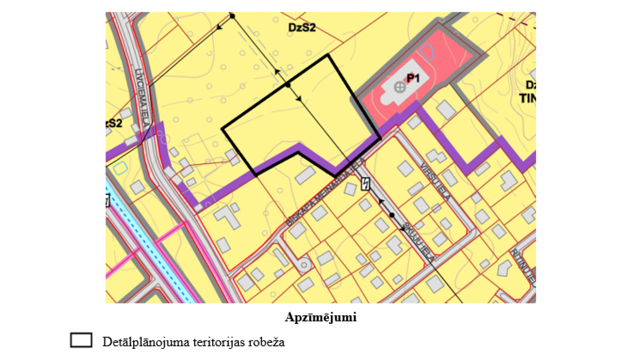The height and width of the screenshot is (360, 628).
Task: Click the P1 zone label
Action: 413,78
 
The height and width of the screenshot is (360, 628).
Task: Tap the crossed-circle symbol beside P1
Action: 400,87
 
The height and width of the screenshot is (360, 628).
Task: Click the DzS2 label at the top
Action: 301,28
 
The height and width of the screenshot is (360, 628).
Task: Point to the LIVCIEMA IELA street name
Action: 143,98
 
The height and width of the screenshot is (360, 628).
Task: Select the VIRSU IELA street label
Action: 436,181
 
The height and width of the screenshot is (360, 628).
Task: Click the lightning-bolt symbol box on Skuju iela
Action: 366,184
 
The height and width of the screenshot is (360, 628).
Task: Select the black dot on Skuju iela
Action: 392,215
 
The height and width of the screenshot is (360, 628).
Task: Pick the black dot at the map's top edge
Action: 232,16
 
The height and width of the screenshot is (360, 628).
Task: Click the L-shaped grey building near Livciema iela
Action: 228,216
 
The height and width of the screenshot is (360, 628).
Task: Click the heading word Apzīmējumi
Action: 321,317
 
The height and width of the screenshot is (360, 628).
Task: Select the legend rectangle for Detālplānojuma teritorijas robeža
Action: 81,340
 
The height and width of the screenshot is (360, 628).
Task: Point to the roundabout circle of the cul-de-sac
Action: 304,265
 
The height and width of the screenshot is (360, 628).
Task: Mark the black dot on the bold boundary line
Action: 288,85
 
